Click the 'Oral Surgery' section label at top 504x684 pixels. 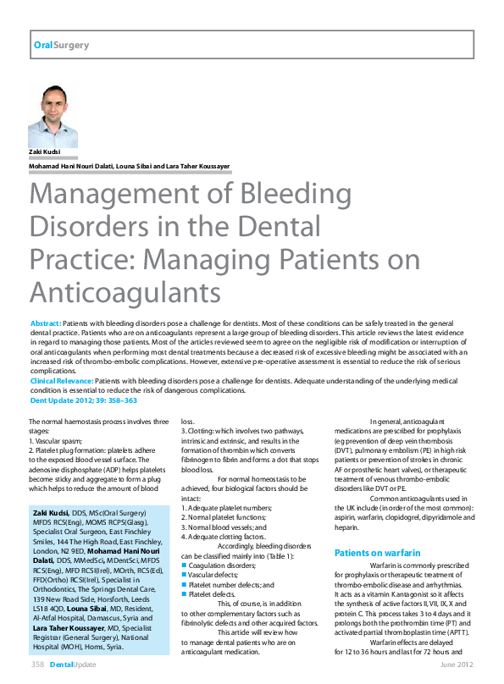coord(60,45)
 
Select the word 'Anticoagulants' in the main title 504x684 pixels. coord(125,291)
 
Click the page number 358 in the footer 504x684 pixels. coord(37,665)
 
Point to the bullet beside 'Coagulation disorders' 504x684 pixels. coord(184,565)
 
